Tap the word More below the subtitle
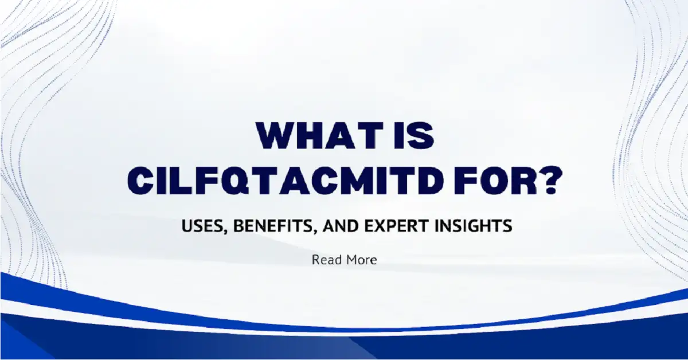pyautogui.click(x=361, y=260)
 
